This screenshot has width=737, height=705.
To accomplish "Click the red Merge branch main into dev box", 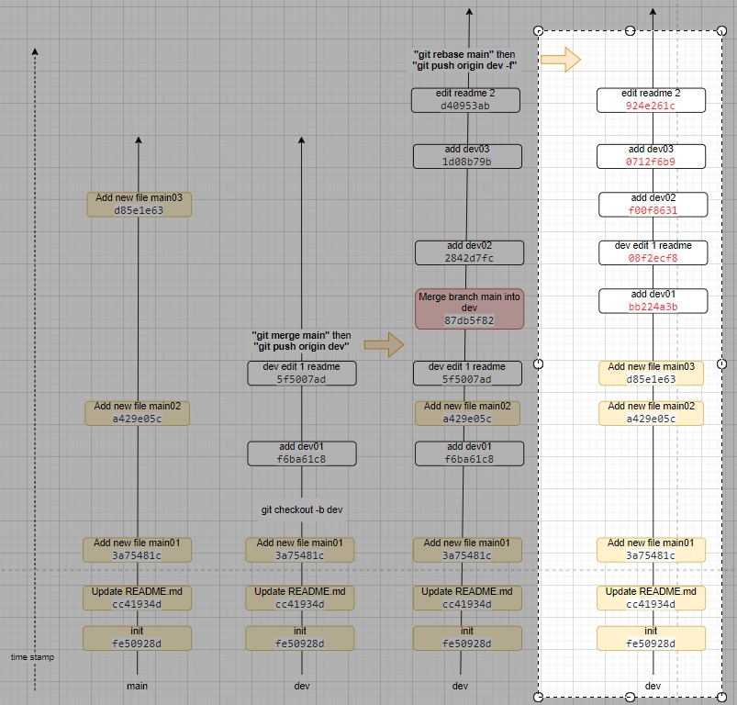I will click(x=469, y=308).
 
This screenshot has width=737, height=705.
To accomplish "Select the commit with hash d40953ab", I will click(x=466, y=100).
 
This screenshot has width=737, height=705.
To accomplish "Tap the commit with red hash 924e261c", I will click(x=651, y=100).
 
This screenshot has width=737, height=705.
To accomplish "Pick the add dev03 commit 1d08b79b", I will click(x=467, y=156).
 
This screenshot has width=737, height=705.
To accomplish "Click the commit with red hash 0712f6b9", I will click(x=651, y=156).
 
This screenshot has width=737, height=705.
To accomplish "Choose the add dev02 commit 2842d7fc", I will click(x=469, y=252).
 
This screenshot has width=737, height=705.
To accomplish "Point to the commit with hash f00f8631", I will click(x=653, y=204).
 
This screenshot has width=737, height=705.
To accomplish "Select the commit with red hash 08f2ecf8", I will click(x=653, y=252).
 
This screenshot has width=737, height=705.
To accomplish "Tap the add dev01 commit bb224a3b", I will click(x=653, y=300).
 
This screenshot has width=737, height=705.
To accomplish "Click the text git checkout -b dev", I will click(x=301, y=509).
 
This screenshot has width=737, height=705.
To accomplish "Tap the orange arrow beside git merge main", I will click(x=384, y=344).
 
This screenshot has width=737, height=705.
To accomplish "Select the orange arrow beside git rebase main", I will click(x=560, y=61).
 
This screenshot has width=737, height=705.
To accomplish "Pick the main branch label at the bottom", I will click(x=138, y=686).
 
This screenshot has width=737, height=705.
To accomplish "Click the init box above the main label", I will click(x=138, y=638).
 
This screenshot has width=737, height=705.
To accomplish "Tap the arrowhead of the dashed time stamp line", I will click(x=35, y=51).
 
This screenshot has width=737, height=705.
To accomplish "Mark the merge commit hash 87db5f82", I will click(x=469, y=320).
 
